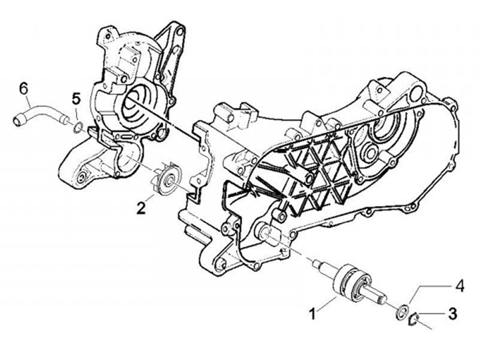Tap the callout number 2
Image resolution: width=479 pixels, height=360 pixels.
(141, 207)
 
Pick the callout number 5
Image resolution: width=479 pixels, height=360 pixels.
(76, 98)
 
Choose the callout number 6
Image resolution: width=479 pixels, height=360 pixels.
(24, 88)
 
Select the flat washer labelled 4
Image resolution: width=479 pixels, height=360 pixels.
(402, 310)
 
